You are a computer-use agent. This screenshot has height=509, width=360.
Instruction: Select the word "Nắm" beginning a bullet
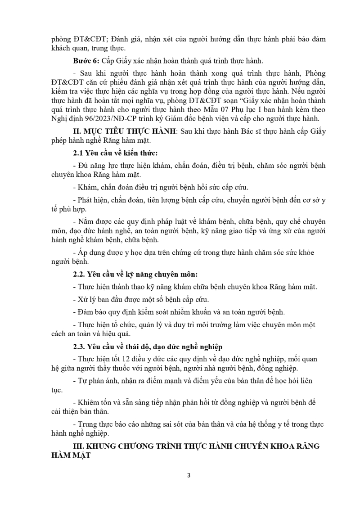[85, 221]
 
